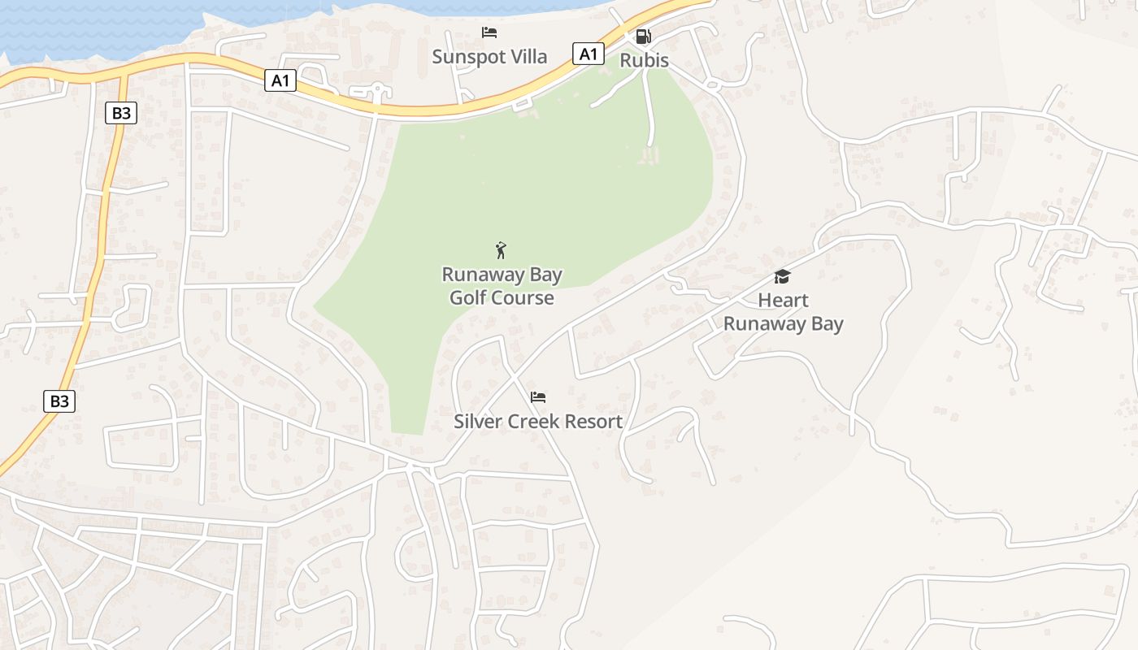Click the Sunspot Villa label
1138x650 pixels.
coord(489,57)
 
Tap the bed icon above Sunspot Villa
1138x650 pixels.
coord(489,33)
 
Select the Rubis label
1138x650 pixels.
coord(644,60)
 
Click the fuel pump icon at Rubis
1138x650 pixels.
coord(643,37)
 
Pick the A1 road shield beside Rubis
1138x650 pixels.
coord(589,54)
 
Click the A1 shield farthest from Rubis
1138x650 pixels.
coord(280,80)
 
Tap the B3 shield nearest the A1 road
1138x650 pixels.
coord(120,113)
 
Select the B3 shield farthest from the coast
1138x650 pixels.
coord(59,401)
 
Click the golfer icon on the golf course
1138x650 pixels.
coord(501,250)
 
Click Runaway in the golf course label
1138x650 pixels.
coord(485,275)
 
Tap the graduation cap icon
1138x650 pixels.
coord(782,277)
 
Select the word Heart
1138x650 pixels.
coord(783,301)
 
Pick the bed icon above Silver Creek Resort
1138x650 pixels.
coord(538,397)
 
